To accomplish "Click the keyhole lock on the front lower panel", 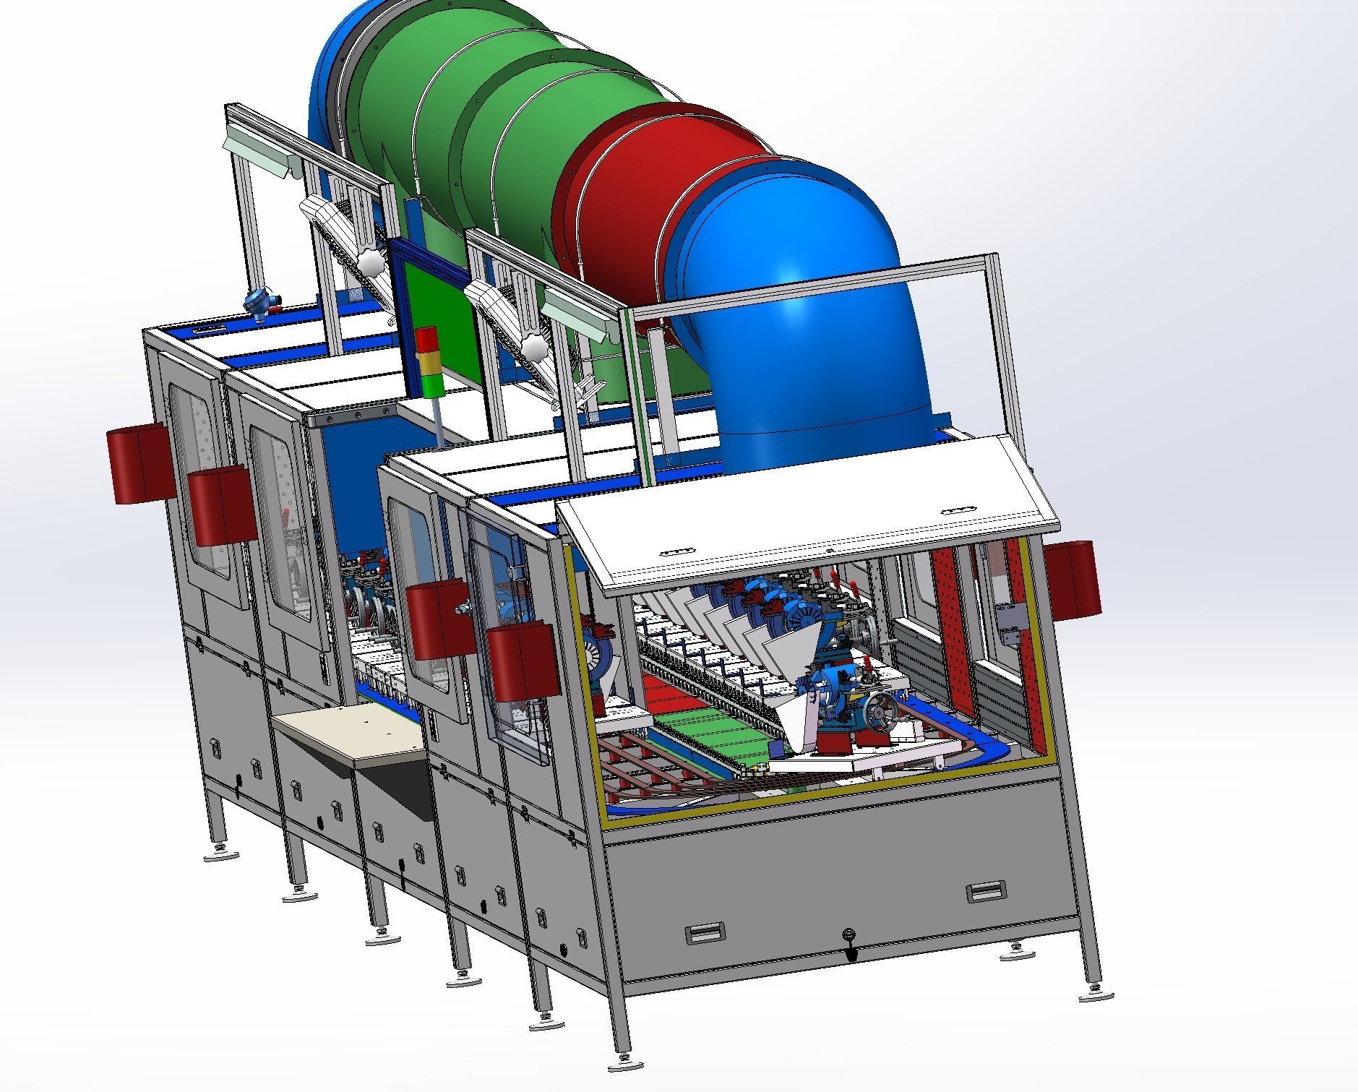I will click(x=851, y=936).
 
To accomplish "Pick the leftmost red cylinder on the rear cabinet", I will click(x=141, y=466).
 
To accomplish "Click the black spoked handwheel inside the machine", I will click(x=883, y=713).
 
